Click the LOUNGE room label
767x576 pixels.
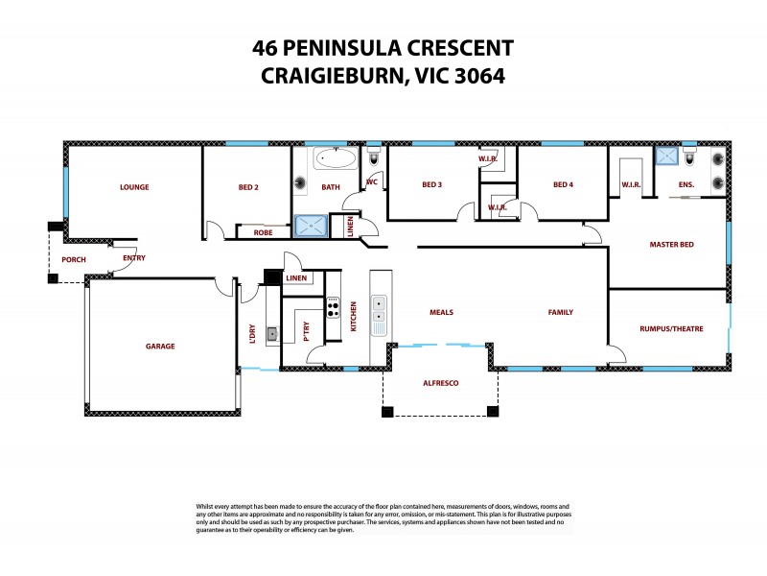[134, 187]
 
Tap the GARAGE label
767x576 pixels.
[160, 346]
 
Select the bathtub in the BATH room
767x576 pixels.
[335, 158]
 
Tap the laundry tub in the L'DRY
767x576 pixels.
[272, 334]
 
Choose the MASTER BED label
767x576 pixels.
[671, 245]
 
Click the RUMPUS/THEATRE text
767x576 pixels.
[671, 329]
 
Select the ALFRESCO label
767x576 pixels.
[441, 383]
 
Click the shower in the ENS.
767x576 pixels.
[664, 158]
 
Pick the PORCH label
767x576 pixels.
[73, 260]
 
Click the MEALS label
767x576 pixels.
[441, 312]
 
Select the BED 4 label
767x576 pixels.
[562, 185]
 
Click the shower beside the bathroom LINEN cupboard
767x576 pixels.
[310, 227]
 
